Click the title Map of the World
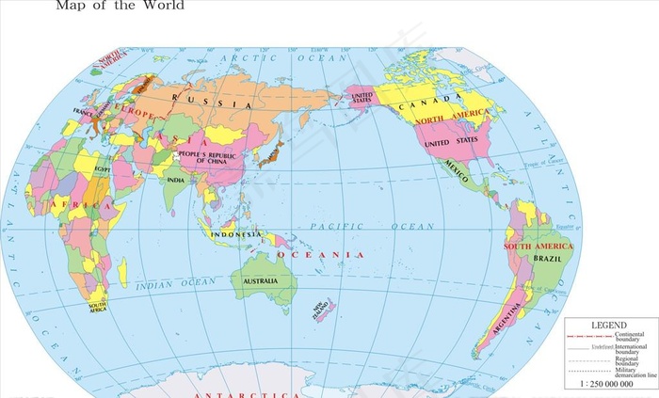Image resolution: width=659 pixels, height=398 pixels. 120,6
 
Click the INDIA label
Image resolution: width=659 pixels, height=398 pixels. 176,179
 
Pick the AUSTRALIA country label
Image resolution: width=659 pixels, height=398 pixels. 260,281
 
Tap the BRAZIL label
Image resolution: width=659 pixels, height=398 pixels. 547,256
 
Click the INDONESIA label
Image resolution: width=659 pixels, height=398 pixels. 234,234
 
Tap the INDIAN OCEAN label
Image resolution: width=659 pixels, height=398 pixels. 176,282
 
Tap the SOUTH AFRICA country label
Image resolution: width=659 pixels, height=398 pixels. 98,307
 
